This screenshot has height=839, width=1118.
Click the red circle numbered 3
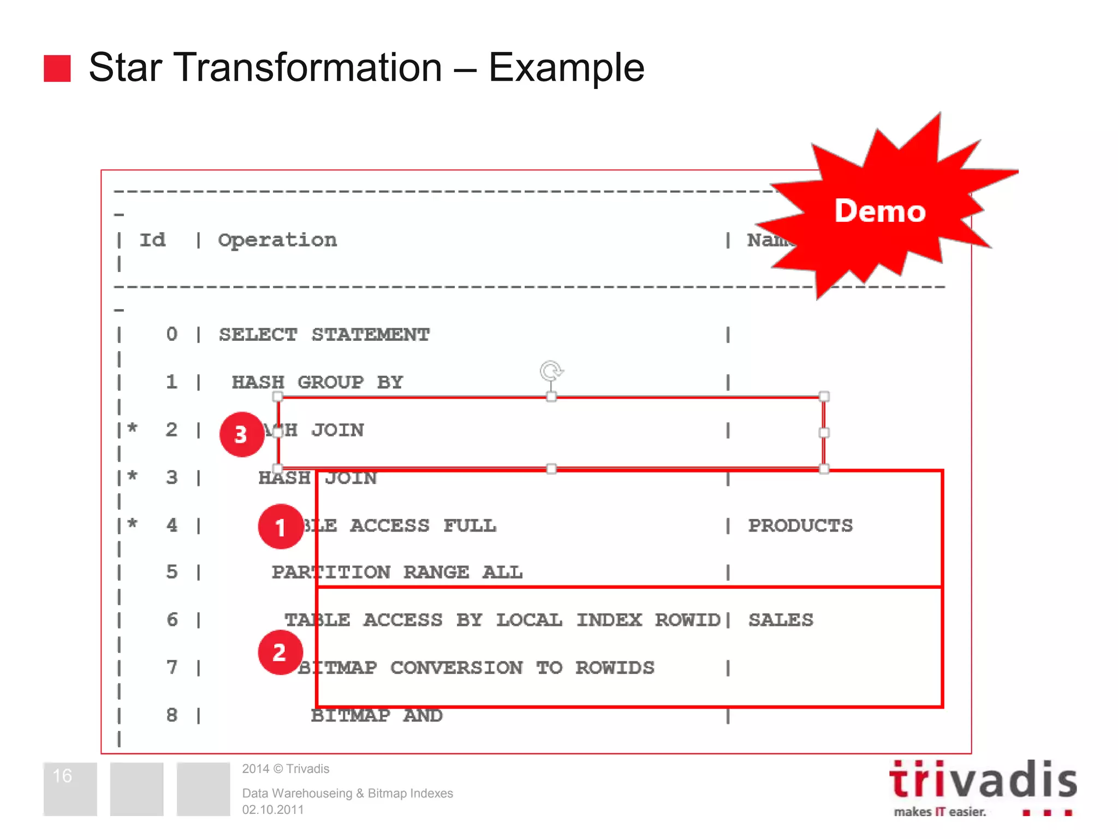[x=241, y=434]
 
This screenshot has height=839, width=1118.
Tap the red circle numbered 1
[x=281, y=527]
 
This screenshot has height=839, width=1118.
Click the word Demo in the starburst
[x=879, y=211]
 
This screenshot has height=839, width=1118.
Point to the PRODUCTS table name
[x=800, y=525]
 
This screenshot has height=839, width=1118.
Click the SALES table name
[x=781, y=620]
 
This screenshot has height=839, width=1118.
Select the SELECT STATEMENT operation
[x=324, y=334]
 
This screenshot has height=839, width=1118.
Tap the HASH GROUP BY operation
[x=317, y=382]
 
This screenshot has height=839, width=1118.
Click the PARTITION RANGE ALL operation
[x=397, y=572]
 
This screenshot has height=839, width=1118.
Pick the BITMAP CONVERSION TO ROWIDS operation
[x=475, y=667]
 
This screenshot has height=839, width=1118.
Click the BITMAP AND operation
[x=377, y=715]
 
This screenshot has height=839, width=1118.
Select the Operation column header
[x=277, y=240]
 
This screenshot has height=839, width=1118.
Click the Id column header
[x=152, y=240]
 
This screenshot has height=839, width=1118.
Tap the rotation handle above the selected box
[x=551, y=371]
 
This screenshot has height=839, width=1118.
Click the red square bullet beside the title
[x=57, y=68]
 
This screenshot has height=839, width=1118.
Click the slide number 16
[x=62, y=776]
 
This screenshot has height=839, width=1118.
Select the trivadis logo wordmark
[x=983, y=780]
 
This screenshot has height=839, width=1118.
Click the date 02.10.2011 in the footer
[x=273, y=810]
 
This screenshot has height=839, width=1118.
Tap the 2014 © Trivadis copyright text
[x=286, y=769]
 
